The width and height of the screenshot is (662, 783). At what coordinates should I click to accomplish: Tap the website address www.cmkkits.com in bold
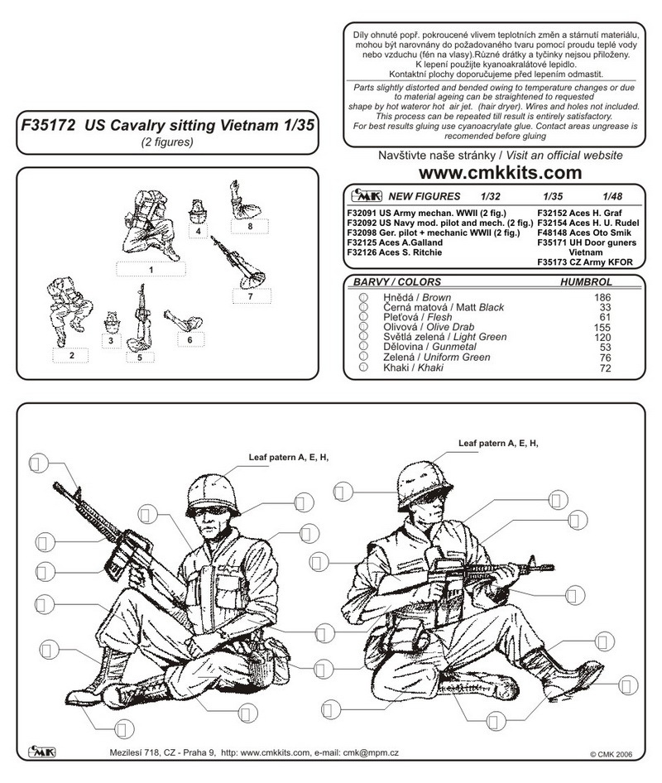pyautogui.click(x=500, y=173)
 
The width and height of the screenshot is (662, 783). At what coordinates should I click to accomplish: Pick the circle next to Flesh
pyautogui.click(x=362, y=317)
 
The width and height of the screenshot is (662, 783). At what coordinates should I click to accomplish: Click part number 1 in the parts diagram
pyautogui.click(x=151, y=270)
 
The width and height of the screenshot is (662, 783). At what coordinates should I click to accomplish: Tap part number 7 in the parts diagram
pyautogui.click(x=249, y=295)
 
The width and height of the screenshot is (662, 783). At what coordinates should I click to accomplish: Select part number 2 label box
pyautogui.click(x=72, y=356)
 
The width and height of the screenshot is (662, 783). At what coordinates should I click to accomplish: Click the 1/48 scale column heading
pyautogui.click(x=613, y=197)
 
